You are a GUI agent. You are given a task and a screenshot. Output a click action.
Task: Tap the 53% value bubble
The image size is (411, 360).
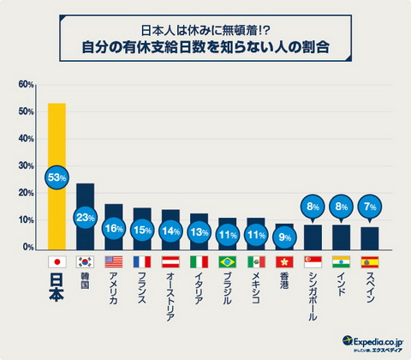pos(57,177)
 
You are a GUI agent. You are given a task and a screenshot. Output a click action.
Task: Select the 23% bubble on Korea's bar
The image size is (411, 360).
pos(86,218)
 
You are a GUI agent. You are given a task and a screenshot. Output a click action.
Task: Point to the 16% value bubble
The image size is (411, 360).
pos(114,228)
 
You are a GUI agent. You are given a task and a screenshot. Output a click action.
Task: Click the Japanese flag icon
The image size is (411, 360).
pos(57,261)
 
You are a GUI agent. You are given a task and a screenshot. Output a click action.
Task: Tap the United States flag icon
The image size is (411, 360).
pos(114,261)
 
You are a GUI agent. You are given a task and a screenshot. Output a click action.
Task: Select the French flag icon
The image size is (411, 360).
pos(142,261)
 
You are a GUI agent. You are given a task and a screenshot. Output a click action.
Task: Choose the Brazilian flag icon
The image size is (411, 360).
pos(227,261)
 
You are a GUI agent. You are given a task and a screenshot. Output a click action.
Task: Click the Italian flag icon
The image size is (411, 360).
pos(199,261)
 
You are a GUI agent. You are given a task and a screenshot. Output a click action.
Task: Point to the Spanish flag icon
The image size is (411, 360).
pos(369,261)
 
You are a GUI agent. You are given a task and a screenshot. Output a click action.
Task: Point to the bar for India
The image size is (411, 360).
pos(341,236)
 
